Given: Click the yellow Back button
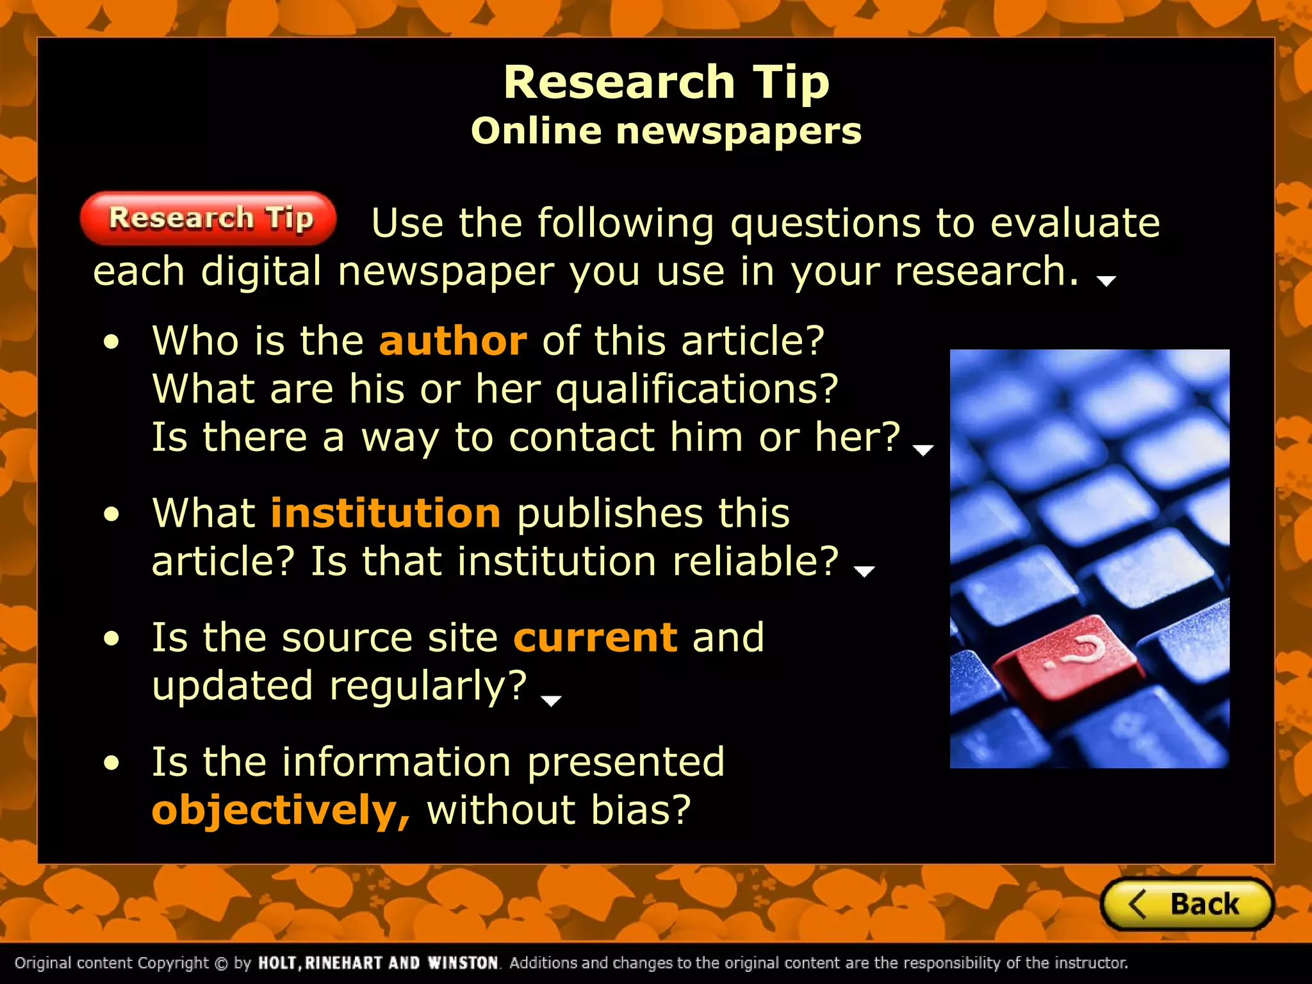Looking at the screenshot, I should point(1186,904).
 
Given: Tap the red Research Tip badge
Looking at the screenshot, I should point(208,218).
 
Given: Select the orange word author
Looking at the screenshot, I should point(453,341).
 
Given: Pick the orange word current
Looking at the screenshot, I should point(595,637).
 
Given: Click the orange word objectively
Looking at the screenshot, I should point(280,810).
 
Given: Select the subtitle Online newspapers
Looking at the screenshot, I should point(666,131).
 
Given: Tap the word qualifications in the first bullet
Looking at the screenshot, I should point(696,389).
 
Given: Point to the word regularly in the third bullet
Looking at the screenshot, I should point(428,686).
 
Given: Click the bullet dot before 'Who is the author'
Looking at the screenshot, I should point(112,342).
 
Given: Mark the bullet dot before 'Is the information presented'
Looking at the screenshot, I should point(112,763).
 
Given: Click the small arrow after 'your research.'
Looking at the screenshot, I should point(1106,281).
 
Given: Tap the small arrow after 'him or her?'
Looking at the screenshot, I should point(922,450).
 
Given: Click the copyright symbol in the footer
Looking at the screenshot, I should point(221,963).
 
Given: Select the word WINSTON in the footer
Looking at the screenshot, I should point(463,963).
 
